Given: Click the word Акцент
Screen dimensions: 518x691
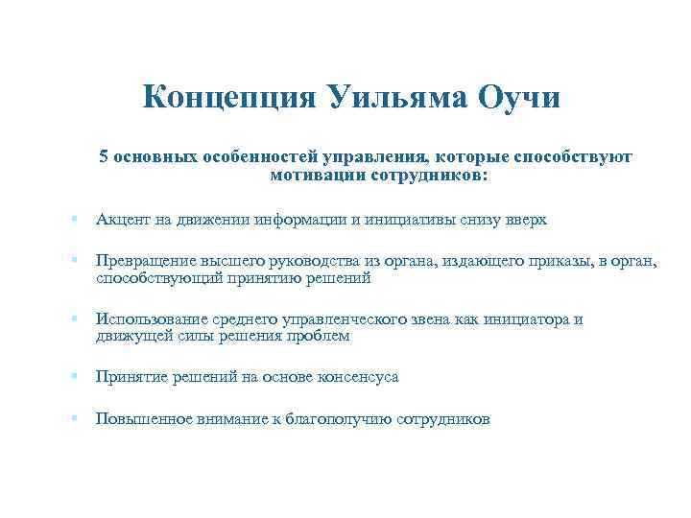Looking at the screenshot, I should point(120,220).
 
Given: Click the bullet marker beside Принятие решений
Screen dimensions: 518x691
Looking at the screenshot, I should point(74,378).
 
